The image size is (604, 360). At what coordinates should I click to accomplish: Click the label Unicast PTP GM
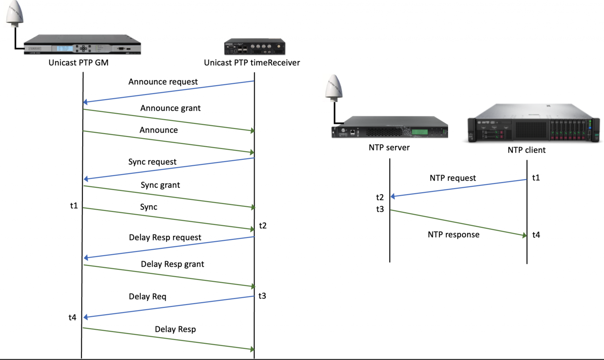click(x=78, y=63)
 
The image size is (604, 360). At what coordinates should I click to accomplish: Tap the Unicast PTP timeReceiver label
click(x=252, y=63)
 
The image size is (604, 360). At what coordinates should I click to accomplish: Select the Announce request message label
click(x=163, y=82)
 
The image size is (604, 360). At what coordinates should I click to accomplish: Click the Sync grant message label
click(x=160, y=185)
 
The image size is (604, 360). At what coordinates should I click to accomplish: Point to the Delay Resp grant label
click(x=172, y=264)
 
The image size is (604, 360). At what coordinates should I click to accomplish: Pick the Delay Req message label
click(x=147, y=297)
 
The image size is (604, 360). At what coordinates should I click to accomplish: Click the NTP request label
click(x=453, y=178)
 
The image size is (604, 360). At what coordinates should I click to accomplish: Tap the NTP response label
click(x=454, y=235)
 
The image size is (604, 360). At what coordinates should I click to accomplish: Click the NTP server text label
click(x=389, y=148)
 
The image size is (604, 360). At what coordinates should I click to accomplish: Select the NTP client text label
click(x=526, y=150)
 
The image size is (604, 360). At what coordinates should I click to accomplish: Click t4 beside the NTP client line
click(x=536, y=235)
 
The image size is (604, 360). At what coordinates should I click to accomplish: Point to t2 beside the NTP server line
click(x=380, y=197)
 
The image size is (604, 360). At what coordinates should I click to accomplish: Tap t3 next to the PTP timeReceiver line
click(x=262, y=296)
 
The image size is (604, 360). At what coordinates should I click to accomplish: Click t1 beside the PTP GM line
click(x=74, y=206)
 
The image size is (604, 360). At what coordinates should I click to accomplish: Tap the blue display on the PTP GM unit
click(x=65, y=48)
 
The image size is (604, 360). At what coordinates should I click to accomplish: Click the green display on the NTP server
click(x=419, y=132)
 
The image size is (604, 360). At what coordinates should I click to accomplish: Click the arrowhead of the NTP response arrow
click(x=524, y=235)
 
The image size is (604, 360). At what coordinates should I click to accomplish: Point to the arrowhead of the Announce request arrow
click(x=86, y=102)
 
